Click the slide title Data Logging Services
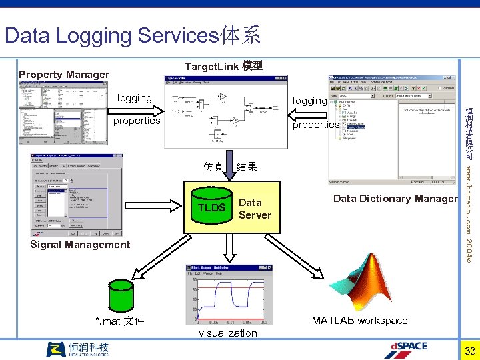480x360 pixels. click(x=132, y=35)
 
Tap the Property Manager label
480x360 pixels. click(x=64, y=75)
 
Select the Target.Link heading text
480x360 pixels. click(x=223, y=66)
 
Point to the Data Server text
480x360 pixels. click(x=255, y=209)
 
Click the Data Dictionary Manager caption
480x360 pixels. click(x=395, y=199)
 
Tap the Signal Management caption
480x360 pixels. click(x=80, y=245)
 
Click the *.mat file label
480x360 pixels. click(x=120, y=321)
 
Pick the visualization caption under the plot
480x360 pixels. click(x=227, y=333)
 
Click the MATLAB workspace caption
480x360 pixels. click(x=359, y=321)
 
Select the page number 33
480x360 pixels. click(x=469, y=351)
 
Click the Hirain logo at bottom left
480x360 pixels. click(x=77, y=349)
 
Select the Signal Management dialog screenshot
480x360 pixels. click(x=77, y=195)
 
